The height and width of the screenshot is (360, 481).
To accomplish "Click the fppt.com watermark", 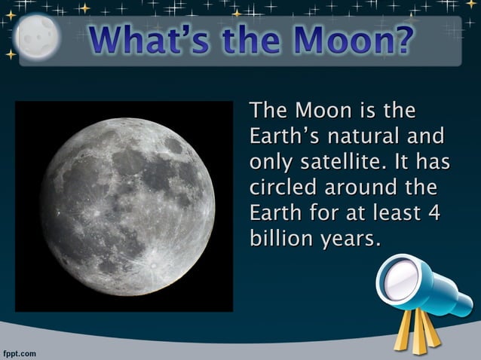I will coord(19,352).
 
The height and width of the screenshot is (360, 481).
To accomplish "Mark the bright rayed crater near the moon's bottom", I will coord(155,264).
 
